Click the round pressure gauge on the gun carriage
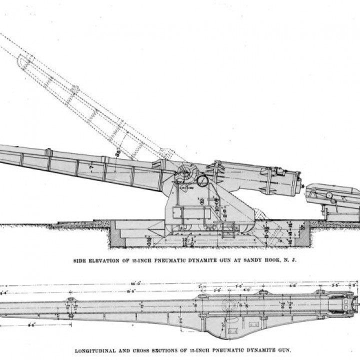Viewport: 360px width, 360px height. tap(202, 180)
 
